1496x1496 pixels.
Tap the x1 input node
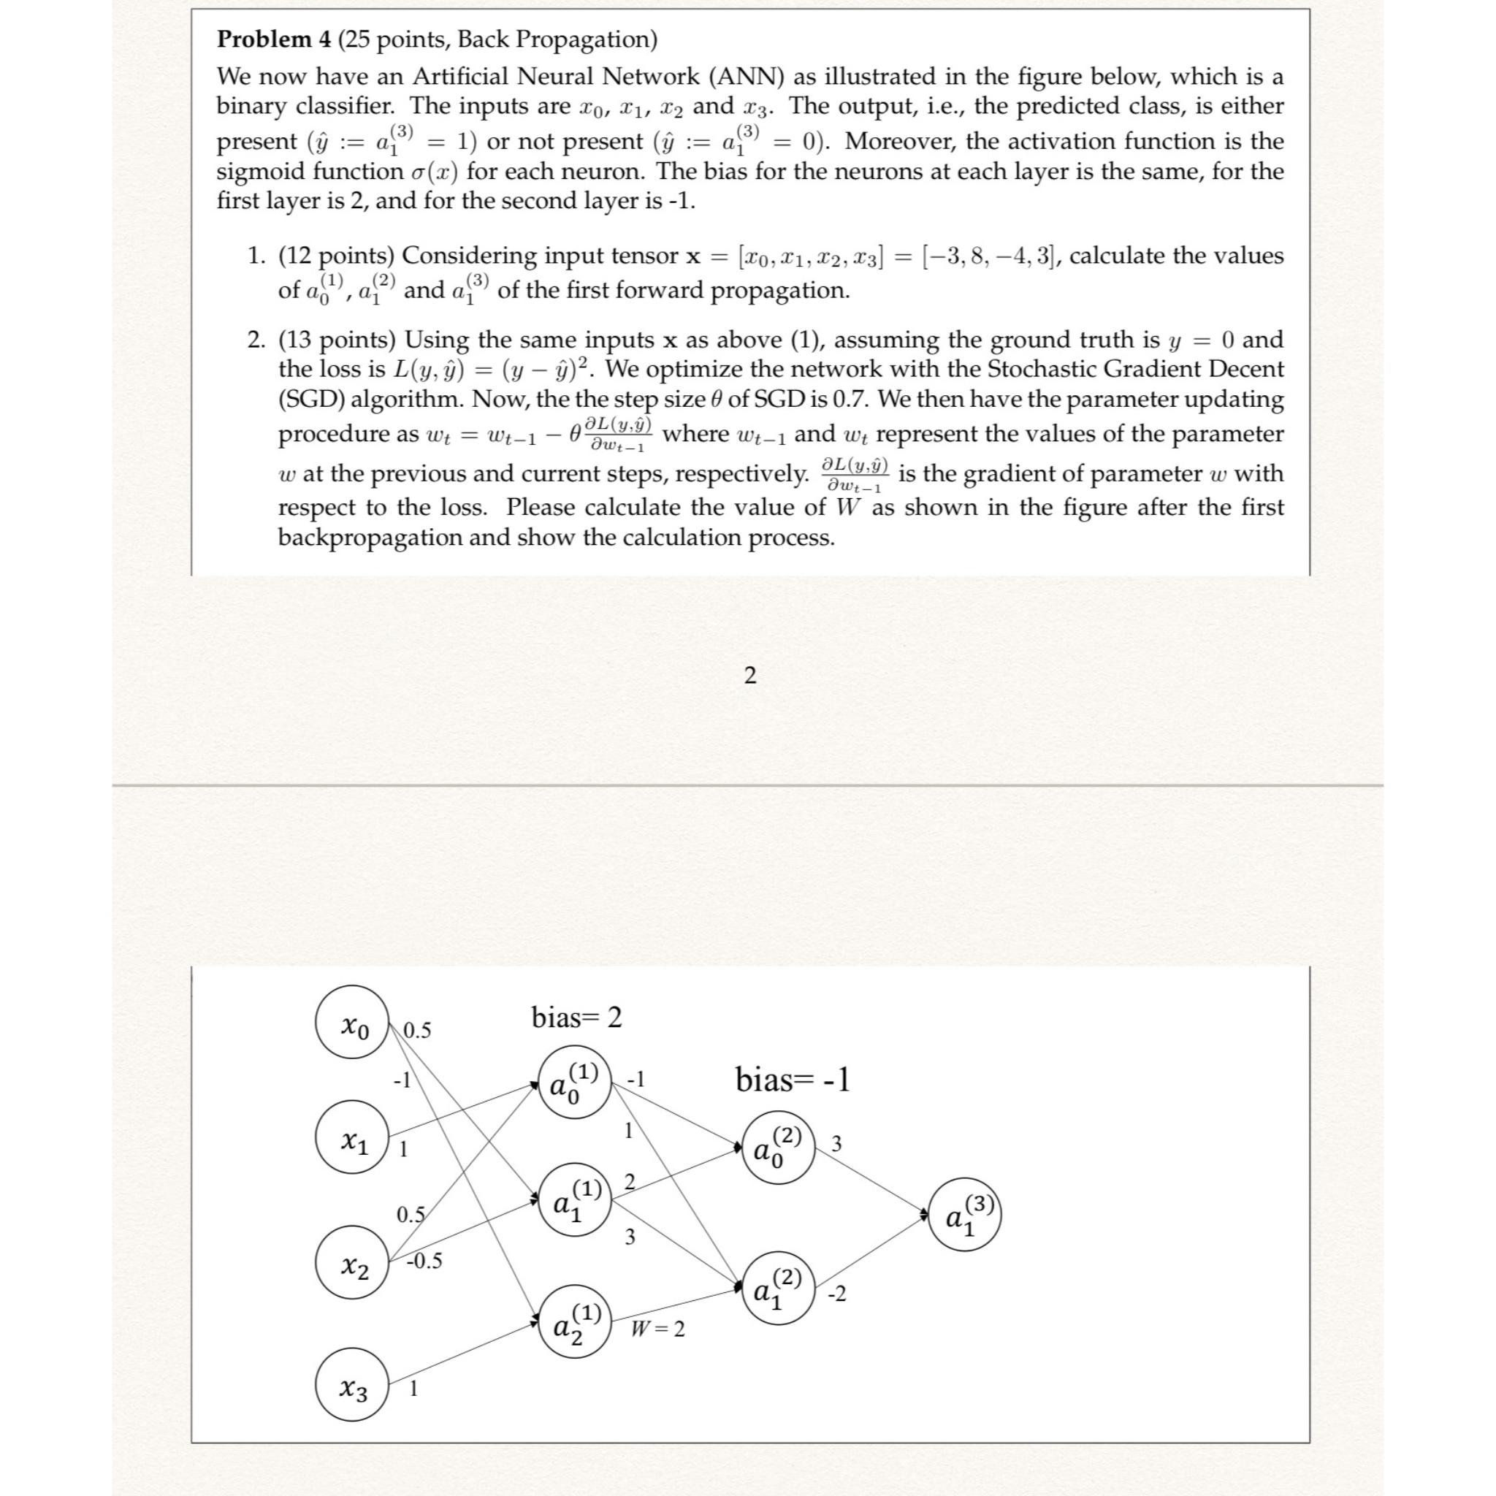pos(351,1142)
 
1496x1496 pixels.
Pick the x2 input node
pos(351,1268)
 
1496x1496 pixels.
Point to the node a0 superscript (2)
pos(777,1148)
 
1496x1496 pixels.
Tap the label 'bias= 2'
pos(576,1018)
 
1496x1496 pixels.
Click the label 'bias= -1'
pos(792,1080)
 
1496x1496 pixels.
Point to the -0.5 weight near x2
pos(424,1261)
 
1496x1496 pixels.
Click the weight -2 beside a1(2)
pos(837,1294)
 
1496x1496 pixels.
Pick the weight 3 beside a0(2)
pos(836,1143)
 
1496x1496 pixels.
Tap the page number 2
pos(749,675)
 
